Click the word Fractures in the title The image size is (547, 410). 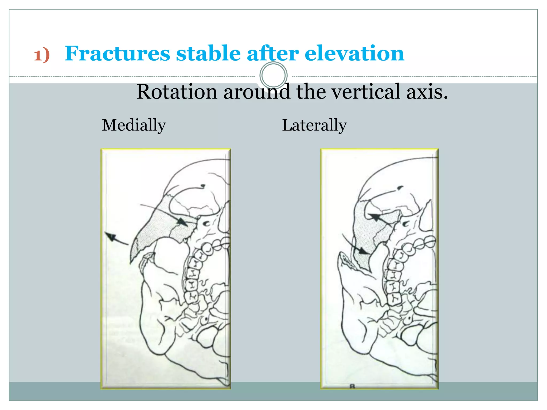point(117,53)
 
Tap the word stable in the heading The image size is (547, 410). point(208,53)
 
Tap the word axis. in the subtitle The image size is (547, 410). point(427,92)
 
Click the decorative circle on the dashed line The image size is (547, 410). point(273,76)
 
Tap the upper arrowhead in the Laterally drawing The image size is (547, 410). point(374,217)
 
